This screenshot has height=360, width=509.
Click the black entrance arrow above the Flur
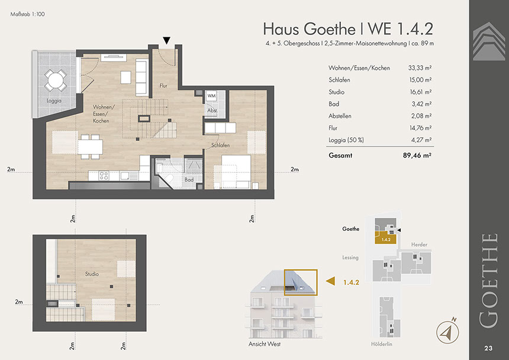click(166, 41)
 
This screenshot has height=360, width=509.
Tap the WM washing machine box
click(211, 96)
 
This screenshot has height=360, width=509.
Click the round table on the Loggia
click(56, 80)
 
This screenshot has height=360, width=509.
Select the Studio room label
click(92, 274)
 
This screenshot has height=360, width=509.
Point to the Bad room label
click(189, 179)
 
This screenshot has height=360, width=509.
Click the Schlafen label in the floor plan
click(220, 145)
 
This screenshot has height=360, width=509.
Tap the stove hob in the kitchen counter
click(104, 176)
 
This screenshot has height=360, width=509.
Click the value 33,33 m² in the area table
click(420, 68)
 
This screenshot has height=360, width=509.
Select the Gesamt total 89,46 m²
click(417, 155)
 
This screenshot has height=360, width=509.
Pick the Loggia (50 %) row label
click(346, 140)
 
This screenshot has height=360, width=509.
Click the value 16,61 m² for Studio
click(420, 92)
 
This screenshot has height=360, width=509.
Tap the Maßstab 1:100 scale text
click(28, 14)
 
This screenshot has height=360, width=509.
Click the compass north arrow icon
click(447, 332)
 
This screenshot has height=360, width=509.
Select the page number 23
click(488, 348)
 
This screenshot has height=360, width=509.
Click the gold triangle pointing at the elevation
click(330, 281)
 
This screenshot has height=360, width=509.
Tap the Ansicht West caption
click(265, 344)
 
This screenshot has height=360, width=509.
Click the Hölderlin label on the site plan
click(381, 344)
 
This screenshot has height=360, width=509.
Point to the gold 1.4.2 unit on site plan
click(386, 238)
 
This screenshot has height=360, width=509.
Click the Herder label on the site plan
click(419, 245)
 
